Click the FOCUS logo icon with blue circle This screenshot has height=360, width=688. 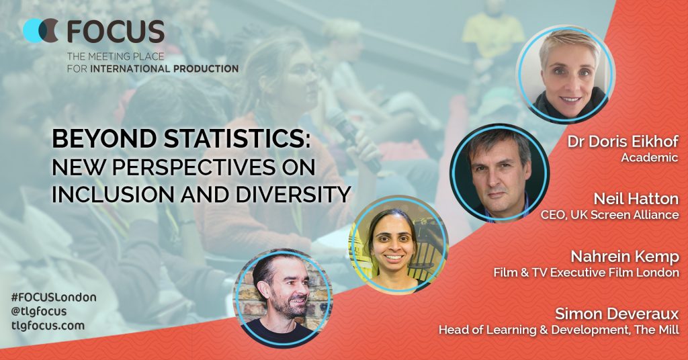click(40, 31)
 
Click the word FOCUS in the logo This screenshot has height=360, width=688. click(116, 32)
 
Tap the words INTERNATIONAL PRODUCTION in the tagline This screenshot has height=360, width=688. click(164, 69)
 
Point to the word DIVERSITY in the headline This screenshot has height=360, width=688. click(293, 194)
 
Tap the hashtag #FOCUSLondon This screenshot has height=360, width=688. click(54, 298)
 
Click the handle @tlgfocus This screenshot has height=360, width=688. click(39, 312)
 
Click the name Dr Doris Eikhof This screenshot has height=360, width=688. click(623, 142)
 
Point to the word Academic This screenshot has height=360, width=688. click(650, 157)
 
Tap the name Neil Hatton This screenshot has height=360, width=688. click(636, 199)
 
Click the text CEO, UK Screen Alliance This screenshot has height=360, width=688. click(610, 215)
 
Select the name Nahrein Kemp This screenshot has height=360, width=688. click(625, 257)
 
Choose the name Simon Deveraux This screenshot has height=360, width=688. click(617, 314)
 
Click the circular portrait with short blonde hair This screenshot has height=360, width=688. click(566, 74)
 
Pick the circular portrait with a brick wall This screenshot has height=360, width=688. click(283, 298)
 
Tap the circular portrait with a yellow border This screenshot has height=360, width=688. click(398, 244)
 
